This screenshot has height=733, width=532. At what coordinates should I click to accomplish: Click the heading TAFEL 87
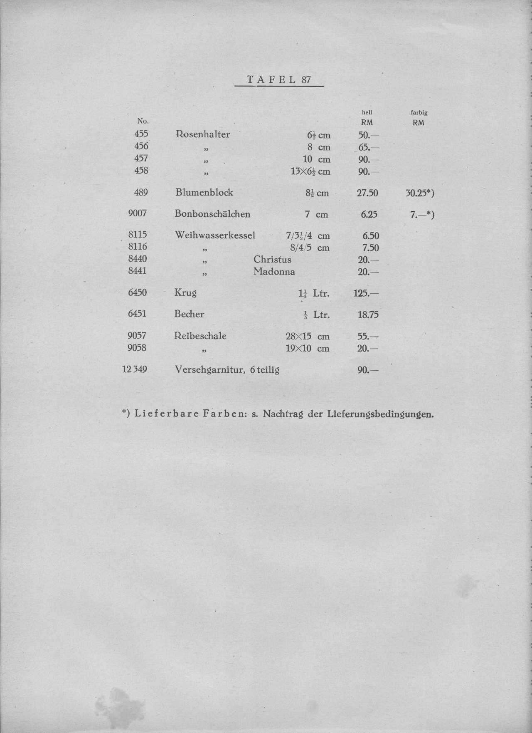pyautogui.click(x=279, y=79)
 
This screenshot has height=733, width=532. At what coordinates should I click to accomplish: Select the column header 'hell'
pyautogui.click(x=367, y=112)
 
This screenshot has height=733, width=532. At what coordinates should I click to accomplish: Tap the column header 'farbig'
pyautogui.click(x=419, y=112)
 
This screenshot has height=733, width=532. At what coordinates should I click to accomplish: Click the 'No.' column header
pyautogui.click(x=143, y=121)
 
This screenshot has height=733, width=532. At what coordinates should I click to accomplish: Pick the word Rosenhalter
pyautogui.click(x=203, y=134)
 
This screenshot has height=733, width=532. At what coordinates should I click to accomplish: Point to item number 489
pyautogui.click(x=140, y=192)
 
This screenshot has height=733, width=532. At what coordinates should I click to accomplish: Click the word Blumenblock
pyautogui.click(x=204, y=192)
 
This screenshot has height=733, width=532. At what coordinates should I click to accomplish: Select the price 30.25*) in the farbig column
pyautogui.click(x=420, y=193)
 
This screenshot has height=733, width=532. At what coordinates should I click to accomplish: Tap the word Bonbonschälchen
pyautogui.click(x=212, y=214)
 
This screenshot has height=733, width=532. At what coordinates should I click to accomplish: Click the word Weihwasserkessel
pyautogui.click(x=215, y=235)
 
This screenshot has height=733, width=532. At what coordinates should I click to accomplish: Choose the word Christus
pyautogui.click(x=272, y=260)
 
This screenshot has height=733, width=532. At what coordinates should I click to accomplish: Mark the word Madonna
pyautogui.click(x=274, y=272)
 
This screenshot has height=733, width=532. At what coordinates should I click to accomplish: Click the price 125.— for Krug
pyautogui.click(x=366, y=293)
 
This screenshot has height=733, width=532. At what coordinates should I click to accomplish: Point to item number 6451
pyautogui.click(x=137, y=313)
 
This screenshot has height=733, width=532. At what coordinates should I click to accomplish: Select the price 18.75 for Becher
pyautogui.click(x=368, y=314)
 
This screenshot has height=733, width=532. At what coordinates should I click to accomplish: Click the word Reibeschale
pyautogui.click(x=200, y=336)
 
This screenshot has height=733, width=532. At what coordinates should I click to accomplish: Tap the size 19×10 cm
pyautogui.click(x=308, y=348)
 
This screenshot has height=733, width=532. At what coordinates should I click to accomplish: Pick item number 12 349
pyautogui.click(x=135, y=369)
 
